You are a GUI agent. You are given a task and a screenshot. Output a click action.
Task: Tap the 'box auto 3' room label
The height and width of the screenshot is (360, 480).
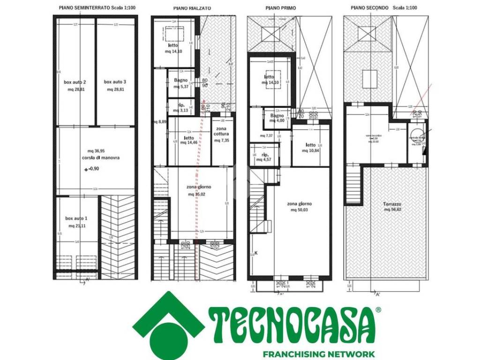115,82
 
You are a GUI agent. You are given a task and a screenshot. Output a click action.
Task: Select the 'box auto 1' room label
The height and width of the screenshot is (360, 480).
76,218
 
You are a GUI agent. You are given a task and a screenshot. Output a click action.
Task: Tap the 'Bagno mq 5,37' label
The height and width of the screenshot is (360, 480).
180,83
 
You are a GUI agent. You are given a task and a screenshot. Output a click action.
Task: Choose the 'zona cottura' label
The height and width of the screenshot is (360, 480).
221,134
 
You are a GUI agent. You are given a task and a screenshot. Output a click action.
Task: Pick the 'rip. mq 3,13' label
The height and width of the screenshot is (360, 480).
180,107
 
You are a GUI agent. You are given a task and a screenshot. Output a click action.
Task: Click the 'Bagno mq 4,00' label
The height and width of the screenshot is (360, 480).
277,118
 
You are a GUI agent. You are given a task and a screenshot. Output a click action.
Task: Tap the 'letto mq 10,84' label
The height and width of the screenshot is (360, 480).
310,148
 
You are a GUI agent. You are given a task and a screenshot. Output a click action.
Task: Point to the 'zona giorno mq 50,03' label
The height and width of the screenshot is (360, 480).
299,206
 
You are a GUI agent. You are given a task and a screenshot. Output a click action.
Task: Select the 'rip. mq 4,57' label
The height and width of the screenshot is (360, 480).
264,157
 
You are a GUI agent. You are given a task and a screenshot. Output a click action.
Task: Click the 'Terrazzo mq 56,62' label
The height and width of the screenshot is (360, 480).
393,206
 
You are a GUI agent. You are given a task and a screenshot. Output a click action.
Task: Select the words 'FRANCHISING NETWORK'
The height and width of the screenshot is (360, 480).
318,354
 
